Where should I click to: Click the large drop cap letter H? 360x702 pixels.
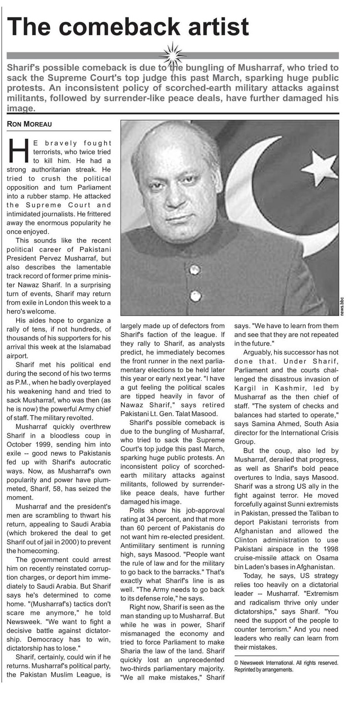pyautogui.click(x=17, y=150)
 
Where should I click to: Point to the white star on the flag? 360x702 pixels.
pyautogui.click(x=316, y=165)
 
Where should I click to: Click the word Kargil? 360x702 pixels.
pyautogui.click(x=247, y=388)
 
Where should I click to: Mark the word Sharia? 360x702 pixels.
pyautogui.click(x=131, y=651)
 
